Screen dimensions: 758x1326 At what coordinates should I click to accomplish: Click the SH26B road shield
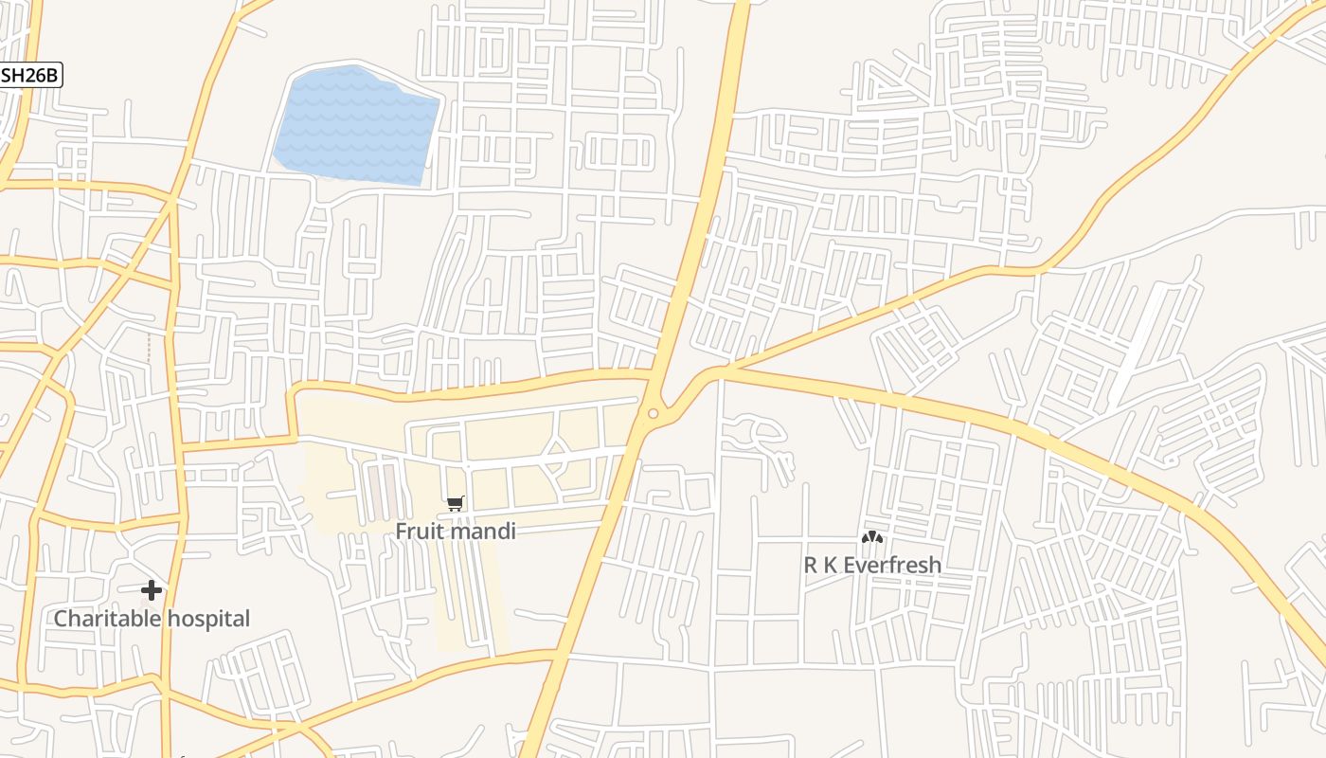[30, 76]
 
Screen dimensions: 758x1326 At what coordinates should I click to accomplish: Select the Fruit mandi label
[456, 531]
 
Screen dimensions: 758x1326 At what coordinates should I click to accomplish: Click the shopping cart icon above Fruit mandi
[456, 503]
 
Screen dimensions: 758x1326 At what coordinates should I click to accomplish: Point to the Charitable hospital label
[152, 619]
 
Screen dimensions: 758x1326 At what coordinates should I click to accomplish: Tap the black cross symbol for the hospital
[152, 591]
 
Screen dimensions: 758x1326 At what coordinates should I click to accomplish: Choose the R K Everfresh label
[872, 565]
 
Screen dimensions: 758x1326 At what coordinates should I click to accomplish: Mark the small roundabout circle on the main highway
[653, 413]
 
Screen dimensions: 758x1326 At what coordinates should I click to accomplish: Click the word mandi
[484, 531]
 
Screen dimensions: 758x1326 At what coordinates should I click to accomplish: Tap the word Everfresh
[892, 565]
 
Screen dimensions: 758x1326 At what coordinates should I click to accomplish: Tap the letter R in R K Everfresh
[811, 565]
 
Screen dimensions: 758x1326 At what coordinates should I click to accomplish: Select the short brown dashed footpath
[148, 347]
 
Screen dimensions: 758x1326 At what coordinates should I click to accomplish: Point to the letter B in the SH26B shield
[53, 76]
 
